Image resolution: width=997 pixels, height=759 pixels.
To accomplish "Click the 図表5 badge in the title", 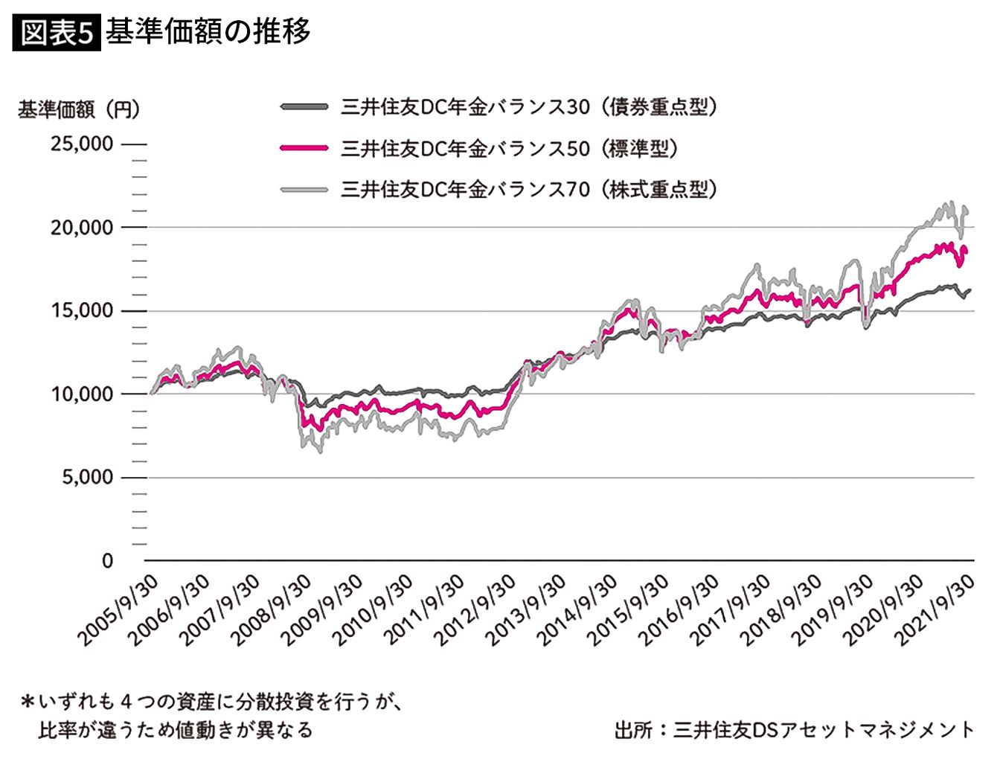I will coord(57,32).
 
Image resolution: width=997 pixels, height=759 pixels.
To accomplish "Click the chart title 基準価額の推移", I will coord(208,32).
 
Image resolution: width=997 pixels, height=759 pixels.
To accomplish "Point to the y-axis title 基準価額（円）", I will coord(78,109).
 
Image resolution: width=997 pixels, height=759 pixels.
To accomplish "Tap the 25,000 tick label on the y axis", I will coord(82,144).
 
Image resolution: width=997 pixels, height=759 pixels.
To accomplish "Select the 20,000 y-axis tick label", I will coord(82,227).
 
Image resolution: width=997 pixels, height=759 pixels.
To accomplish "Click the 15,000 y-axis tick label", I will coord(82,310).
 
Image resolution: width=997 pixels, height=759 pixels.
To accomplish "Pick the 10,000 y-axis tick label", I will coord(82,394).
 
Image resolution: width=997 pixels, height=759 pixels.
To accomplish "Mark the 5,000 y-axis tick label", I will coord(87,477).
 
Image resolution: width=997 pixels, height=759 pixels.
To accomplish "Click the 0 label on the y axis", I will coord(108,560).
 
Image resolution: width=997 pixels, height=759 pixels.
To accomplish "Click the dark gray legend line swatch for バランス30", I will coord(304,107).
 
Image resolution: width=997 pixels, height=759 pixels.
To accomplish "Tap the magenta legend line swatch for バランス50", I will coord(304,149).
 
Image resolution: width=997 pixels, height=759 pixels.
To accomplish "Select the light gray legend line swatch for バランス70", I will coord(304,190).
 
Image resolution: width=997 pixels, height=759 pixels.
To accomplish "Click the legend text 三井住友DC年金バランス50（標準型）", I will coord(510,149).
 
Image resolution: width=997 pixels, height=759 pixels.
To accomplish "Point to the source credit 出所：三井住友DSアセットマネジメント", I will coord(794,729).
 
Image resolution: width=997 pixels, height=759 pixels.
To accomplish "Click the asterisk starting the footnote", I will coord(28,702).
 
